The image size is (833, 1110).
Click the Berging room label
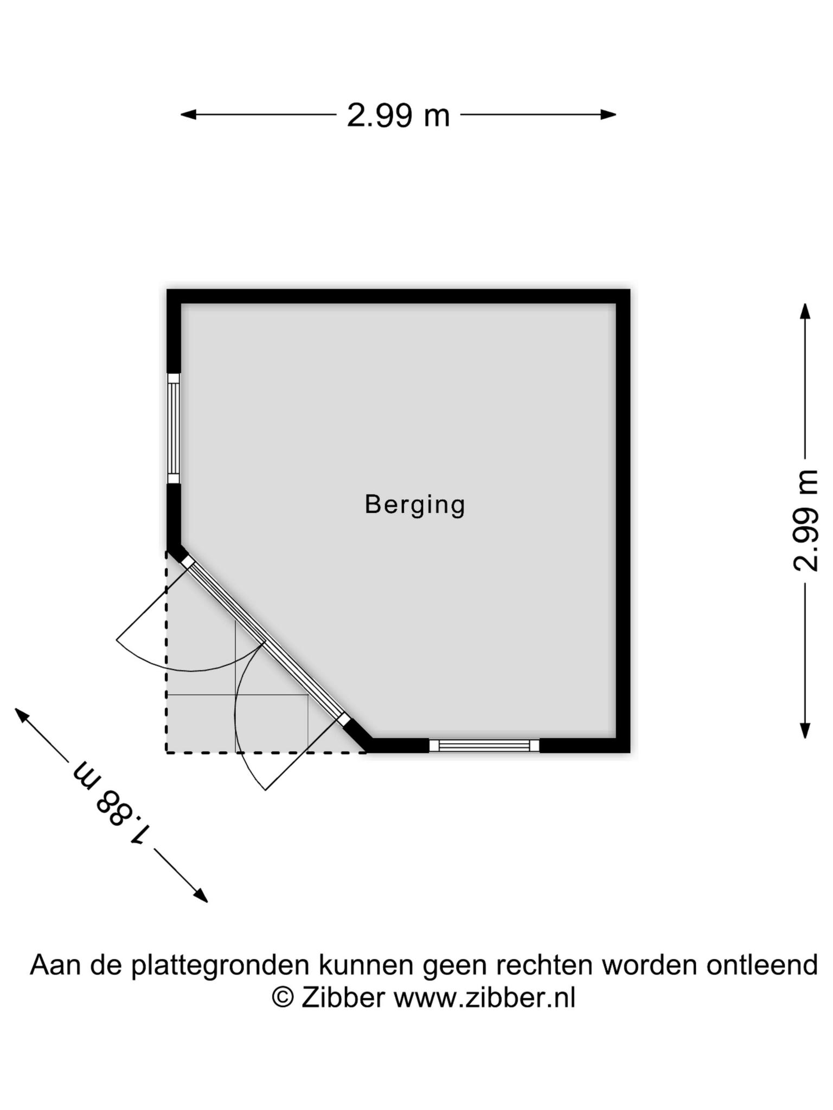tap(415, 505)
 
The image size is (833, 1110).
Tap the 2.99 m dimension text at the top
tap(399, 115)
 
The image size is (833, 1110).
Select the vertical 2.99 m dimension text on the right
tap(805, 520)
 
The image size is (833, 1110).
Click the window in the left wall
tap(174, 428)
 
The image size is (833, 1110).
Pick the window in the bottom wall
tap(484, 746)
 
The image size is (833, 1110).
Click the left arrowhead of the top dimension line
tap(188, 114)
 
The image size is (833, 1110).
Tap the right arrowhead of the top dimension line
tap(608, 114)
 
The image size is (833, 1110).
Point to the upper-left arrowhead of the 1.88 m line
tap(22, 715)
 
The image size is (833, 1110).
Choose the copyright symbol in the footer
tap(283, 997)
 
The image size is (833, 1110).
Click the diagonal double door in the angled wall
tap(265, 641)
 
